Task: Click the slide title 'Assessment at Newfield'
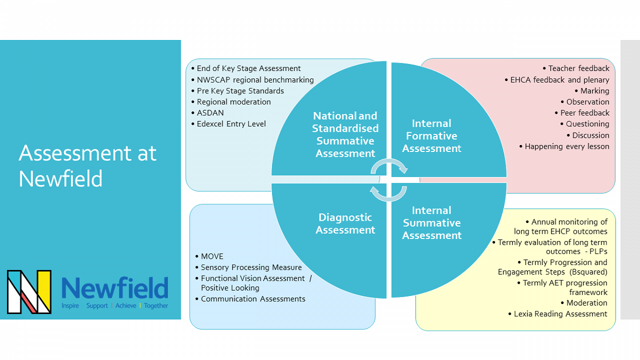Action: [x=87, y=166]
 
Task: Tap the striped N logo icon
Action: [x=29, y=292]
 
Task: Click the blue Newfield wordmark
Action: [x=115, y=288]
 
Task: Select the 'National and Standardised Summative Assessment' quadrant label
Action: [x=345, y=134]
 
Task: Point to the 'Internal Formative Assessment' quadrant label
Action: [x=431, y=136]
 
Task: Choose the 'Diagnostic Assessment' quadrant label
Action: [x=345, y=223]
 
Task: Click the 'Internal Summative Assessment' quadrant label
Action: [x=431, y=223]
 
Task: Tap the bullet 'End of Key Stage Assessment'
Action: [x=249, y=68]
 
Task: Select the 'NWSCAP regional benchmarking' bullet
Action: [x=255, y=79]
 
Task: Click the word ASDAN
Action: [x=210, y=113]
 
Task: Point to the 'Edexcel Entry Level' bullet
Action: [x=231, y=124]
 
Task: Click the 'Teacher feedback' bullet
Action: [x=579, y=68]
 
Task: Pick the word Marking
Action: [x=595, y=91]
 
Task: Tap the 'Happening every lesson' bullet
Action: [x=567, y=146]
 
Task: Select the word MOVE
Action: [x=212, y=257]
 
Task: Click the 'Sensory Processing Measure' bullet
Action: [x=251, y=268]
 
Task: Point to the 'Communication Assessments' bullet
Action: [x=253, y=299]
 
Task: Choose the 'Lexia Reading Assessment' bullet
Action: [x=560, y=314]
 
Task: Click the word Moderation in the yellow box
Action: [x=587, y=303]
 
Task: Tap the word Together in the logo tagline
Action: [x=156, y=306]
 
